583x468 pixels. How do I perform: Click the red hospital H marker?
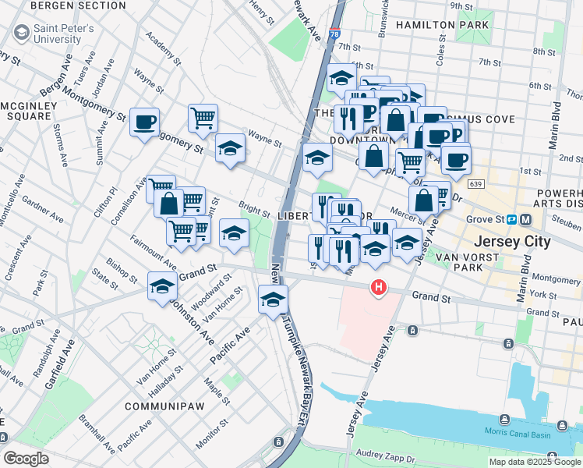(379, 288)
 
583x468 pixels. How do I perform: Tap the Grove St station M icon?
(526, 219)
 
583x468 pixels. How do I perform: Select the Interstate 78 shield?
(334, 35)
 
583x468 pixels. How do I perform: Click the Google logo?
(26, 459)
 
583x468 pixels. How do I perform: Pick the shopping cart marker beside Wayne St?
(203, 119)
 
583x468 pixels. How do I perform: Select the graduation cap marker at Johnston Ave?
(162, 286)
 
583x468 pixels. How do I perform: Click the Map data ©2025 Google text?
(534, 462)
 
